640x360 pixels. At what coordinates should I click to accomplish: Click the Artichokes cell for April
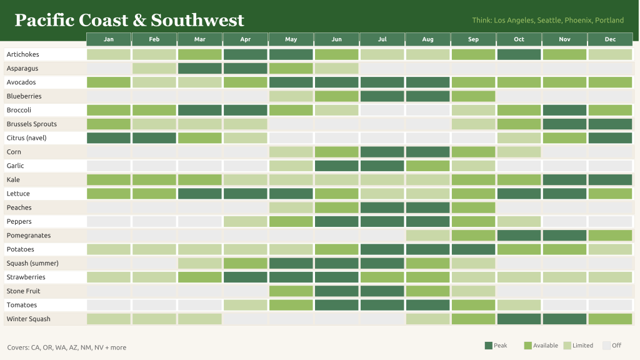click(245, 54)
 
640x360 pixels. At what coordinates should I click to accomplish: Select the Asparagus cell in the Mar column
click(199, 68)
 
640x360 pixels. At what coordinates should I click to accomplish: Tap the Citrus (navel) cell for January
click(109, 138)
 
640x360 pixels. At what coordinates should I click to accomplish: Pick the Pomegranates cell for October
click(519, 236)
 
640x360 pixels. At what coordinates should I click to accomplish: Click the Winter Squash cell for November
click(564, 319)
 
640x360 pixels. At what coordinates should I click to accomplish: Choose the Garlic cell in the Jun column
click(336, 166)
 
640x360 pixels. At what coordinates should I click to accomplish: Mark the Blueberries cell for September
click(474, 96)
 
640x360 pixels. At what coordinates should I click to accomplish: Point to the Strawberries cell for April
click(245, 277)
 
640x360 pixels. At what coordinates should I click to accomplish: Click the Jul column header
click(382, 39)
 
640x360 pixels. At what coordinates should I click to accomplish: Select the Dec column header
click(610, 39)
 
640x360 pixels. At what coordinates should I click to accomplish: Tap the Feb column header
click(154, 39)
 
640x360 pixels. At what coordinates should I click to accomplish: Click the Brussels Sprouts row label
click(32, 124)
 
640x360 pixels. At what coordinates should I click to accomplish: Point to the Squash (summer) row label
click(32, 263)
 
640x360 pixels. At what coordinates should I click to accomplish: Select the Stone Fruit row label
click(23, 291)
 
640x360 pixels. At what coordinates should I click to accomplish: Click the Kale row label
click(13, 179)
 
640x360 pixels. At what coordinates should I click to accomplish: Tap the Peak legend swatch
click(489, 346)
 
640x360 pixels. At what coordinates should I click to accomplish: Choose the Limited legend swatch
click(567, 346)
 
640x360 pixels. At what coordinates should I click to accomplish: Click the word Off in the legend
click(617, 345)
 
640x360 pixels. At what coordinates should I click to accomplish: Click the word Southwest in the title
click(197, 20)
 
